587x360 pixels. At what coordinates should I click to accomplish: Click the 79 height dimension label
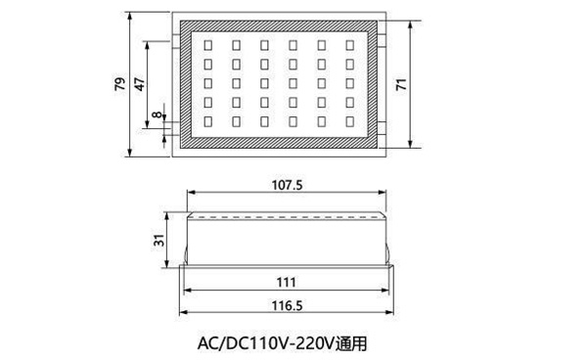(119, 84)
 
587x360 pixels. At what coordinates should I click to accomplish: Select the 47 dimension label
(139, 84)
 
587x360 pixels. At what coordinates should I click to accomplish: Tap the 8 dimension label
(158, 114)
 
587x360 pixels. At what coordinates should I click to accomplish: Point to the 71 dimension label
(401, 84)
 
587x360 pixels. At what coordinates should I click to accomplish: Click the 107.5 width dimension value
(287, 185)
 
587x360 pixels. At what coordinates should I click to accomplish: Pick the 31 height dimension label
(159, 240)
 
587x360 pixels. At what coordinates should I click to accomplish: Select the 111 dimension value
(287, 282)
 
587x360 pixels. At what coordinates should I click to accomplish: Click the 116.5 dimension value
(287, 305)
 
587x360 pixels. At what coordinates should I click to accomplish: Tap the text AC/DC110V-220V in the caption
(265, 344)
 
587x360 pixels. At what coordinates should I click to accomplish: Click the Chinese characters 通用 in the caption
(351, 344)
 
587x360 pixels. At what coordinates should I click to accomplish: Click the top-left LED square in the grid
(207, 45)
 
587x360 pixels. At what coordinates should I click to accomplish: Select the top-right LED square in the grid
(350, 45)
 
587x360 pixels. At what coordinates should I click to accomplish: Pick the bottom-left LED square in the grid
(207, 121)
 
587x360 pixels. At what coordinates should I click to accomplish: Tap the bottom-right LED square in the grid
(350, 121)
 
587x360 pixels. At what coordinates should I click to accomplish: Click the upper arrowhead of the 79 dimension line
(130, 16)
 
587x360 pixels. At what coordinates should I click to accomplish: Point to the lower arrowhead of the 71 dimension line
(411, 144)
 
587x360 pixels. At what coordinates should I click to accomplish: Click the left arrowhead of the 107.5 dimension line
(191, 193)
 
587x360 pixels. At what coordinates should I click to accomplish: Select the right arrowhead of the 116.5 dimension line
(389, 312)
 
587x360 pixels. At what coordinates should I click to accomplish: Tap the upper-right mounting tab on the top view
(382, 40)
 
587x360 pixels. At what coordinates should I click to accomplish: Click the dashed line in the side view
(287, 217)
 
